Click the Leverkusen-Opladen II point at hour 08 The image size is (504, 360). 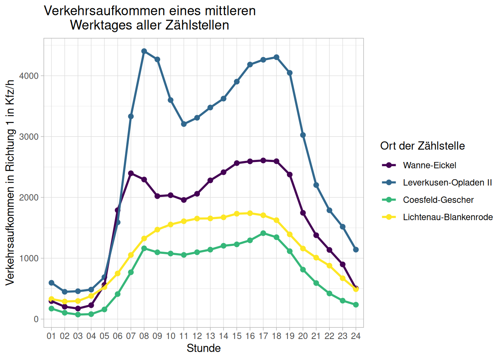point(144,51)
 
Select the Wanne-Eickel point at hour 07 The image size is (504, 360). point(131,173)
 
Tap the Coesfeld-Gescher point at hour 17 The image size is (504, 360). point(263,233)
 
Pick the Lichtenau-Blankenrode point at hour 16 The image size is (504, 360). point(250,213)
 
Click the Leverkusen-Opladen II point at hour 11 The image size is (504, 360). point(184,124)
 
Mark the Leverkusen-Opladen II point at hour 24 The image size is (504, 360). point(356,250)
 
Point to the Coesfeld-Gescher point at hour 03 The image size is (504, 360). point(78,315)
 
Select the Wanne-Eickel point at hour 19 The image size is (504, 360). point(290,175)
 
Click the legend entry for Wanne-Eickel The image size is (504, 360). point(429,165)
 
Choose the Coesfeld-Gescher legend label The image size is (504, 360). point(438,200)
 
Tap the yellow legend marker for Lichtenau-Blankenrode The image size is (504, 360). point(389,217)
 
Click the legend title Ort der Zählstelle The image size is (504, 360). point(422,146)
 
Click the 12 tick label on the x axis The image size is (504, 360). point(197,336)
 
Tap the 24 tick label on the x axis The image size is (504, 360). point(356,336)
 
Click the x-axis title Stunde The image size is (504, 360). point(204,348)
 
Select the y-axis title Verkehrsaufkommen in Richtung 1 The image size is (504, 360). point(10,183)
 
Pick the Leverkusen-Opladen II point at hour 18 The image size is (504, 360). point(276,57)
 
